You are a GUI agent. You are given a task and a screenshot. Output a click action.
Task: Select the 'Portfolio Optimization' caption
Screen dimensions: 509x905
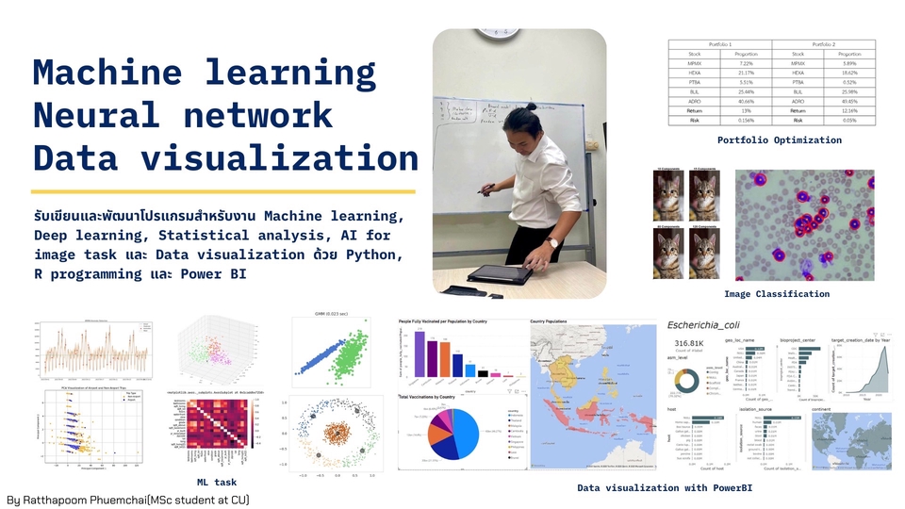(779, 140)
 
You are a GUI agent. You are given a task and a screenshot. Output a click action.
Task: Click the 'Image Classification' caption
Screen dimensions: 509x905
(776, 294)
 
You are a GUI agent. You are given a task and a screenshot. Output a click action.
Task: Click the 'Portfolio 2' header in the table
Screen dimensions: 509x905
(823, 44)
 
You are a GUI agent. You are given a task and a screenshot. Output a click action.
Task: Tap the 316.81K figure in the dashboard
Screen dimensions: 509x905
(694, 343)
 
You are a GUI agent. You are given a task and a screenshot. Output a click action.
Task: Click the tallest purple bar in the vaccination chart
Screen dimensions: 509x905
(419, 353)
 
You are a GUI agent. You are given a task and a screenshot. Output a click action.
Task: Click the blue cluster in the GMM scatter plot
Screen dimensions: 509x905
(321, 355)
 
